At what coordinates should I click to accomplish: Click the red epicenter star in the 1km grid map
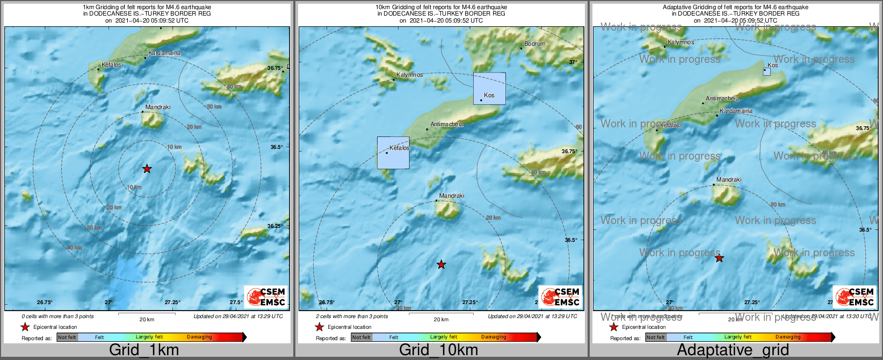147,169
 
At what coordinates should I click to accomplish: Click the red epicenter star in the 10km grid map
441,264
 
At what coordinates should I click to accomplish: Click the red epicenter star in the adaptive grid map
719,258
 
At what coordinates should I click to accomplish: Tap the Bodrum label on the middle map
534,44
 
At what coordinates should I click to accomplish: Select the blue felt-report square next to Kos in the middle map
489,88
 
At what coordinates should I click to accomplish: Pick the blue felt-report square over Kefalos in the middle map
393,153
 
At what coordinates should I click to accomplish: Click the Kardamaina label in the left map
164,53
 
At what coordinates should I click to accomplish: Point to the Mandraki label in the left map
158,107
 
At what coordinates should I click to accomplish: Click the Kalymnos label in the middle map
409,75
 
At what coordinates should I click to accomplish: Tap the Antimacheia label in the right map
722,98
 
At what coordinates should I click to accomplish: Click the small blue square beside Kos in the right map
766,71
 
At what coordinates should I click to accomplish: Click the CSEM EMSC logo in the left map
266,297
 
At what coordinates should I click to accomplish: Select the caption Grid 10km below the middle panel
438,350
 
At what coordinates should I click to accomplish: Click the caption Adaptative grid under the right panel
733,350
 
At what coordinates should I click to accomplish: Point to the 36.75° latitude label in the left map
275,68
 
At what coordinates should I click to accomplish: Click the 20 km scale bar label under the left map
147,319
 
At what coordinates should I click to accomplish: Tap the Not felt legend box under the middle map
361,337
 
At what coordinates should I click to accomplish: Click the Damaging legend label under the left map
199,337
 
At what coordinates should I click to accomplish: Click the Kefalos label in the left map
111,64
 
